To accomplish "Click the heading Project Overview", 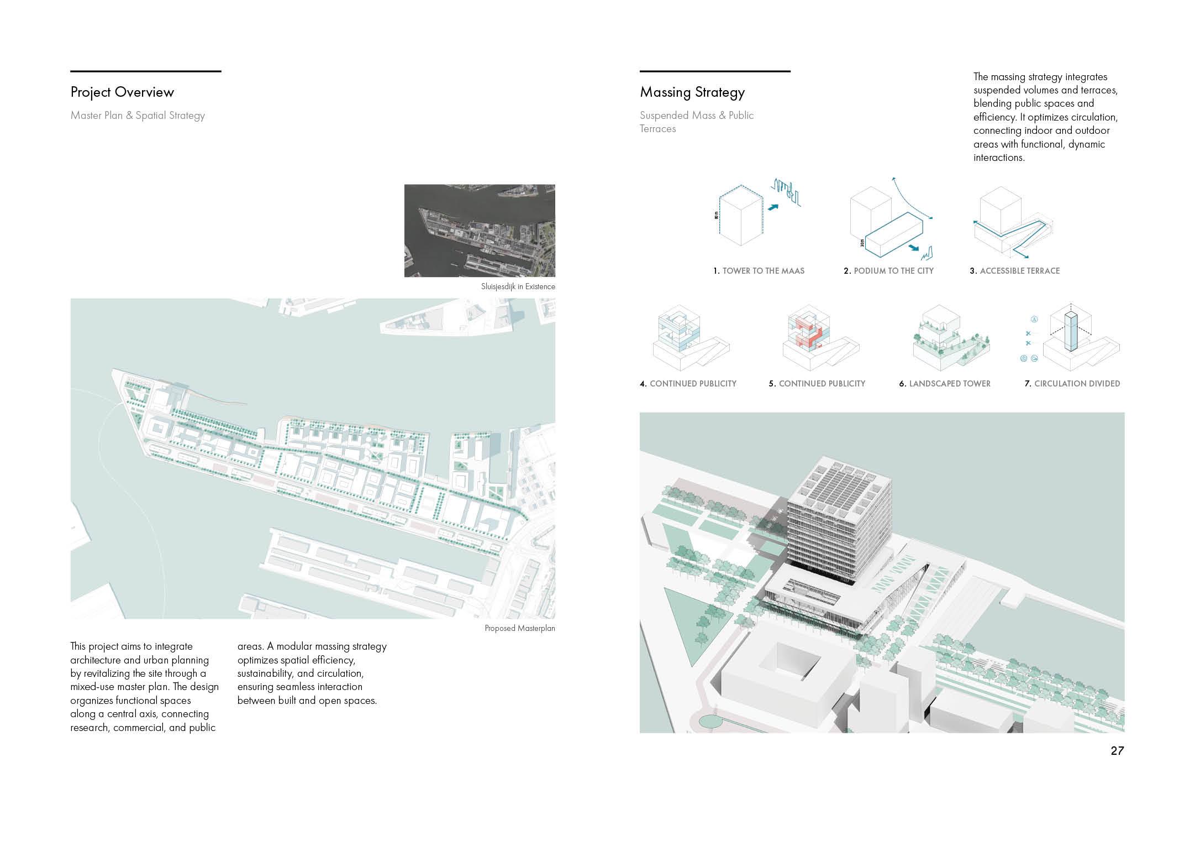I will pos(122,92).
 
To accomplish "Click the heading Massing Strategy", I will pos(692,92).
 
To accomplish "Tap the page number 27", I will pos(1117,751).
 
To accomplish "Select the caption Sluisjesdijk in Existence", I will pos(518,286).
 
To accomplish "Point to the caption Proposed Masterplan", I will pos(520,628).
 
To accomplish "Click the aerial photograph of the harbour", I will pos(480,231).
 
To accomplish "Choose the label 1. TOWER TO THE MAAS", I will pos(759,271).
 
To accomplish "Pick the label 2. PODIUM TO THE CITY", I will pos(888,271).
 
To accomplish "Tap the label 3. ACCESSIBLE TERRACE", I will pos(1015,271).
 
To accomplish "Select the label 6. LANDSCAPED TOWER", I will pos(945,384).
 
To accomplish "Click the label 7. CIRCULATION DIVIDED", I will pos(1072,384).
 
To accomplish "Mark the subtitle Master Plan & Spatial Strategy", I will pos(138,116).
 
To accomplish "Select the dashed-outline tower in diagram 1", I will pos(740,218).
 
